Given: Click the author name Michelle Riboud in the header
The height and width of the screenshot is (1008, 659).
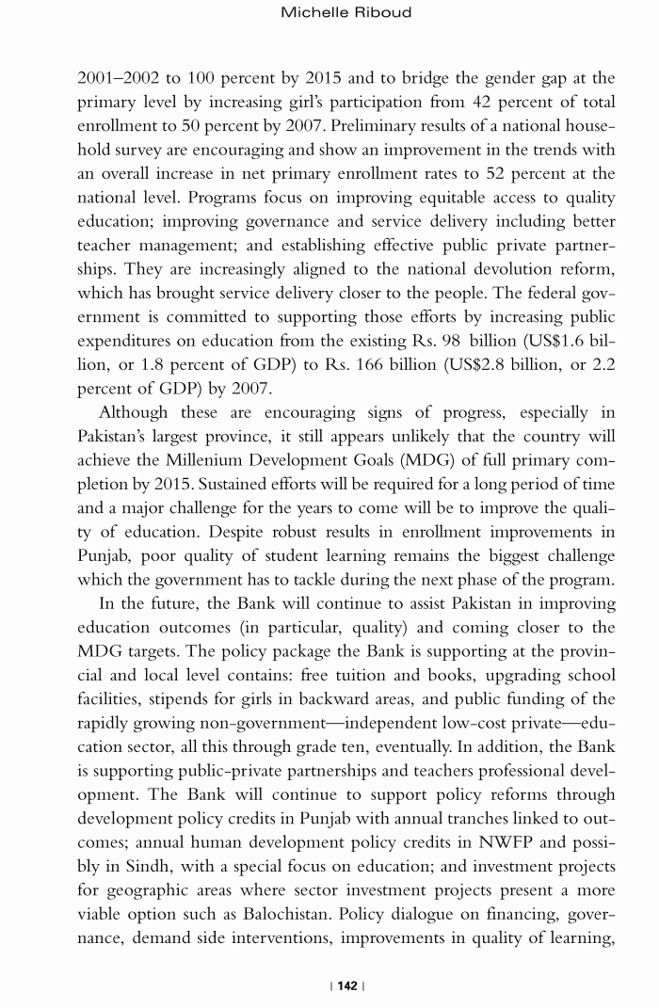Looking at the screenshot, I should (346, 12).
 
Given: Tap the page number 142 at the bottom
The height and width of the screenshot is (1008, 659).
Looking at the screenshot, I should (347, 985).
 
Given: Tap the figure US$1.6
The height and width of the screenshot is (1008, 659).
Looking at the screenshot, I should (541, 341).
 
